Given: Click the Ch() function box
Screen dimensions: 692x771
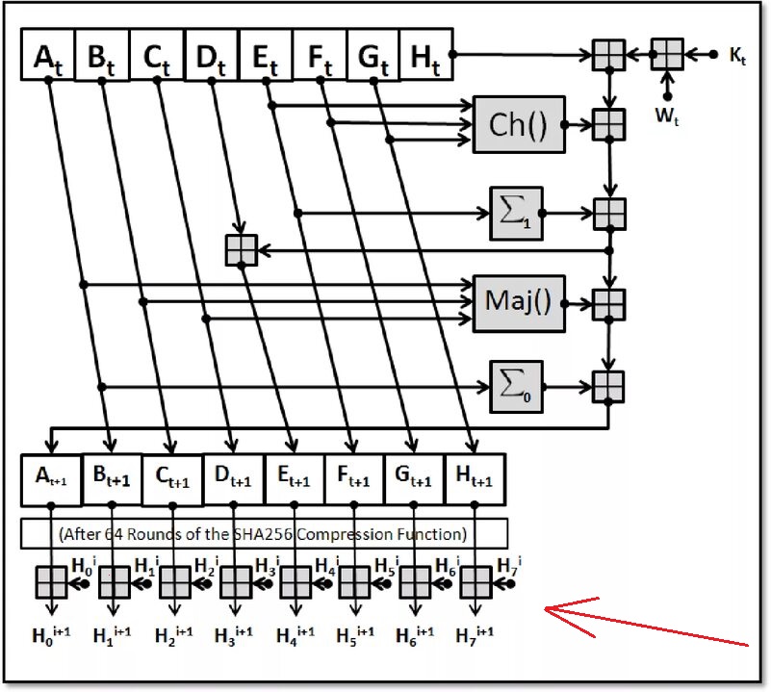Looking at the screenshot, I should point(519,124).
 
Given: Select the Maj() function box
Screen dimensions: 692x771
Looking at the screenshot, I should point(519,302).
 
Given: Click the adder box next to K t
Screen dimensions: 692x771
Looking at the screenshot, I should point(666,54).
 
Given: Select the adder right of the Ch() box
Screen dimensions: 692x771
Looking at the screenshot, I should point(608,124).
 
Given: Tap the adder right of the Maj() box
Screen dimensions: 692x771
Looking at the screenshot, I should point(608,302).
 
